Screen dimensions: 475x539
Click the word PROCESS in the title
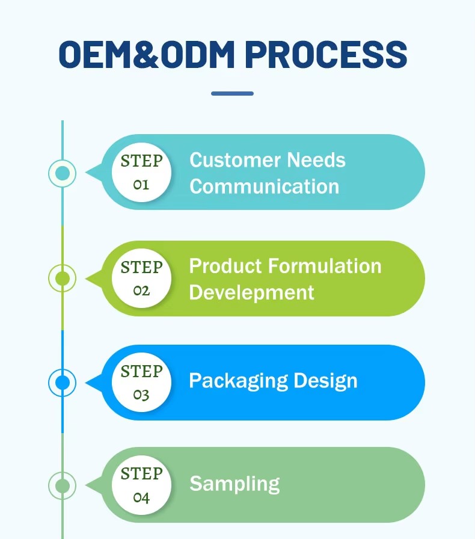coord(326,54)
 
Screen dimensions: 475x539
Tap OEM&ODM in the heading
coord(147,54)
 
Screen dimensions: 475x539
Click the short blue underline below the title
coord(232,93)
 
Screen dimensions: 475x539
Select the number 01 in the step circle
coord(141,185)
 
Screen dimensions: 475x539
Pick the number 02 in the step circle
coord(141,291)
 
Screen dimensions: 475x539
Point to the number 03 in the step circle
coord(141,395)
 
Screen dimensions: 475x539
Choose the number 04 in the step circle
coord(141,497)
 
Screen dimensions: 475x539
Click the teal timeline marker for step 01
coord(62,173)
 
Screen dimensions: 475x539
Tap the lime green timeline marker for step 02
coord(62,278)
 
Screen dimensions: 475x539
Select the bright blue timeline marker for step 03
coord(62,382)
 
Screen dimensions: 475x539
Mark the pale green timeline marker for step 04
coord(62,485)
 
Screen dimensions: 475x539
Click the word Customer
coord(235,160)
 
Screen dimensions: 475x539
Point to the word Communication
coord(265,186)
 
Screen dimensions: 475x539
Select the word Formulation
coord(325,266)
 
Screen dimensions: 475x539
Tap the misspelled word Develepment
coord(251,293)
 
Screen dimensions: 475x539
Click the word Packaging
coord(239,381)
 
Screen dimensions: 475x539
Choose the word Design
coord(325,381)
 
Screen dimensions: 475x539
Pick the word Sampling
coord(234,484)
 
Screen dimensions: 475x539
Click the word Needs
coord(316,160)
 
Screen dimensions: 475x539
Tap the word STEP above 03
coord(142,371)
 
